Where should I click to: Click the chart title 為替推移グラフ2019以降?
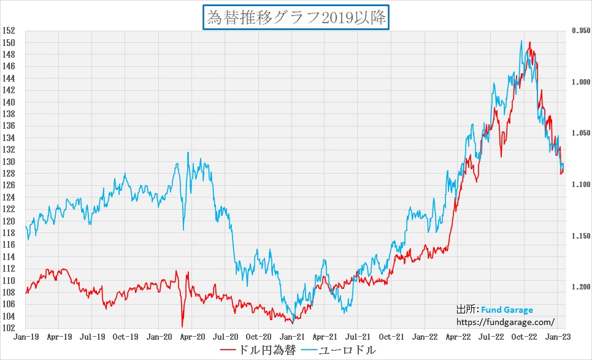click(x=296, y=17)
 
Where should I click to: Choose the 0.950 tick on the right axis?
click(x=580, y=31)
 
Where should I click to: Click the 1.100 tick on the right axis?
click(x=580, y=185)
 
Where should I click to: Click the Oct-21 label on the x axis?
click(x=391, y=337)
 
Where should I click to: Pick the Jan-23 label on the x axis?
click(x=557, y=337)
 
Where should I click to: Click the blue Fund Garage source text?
click(x=507, y=310)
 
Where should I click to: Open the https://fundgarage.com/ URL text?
click(x=506, y=321)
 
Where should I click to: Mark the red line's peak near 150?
click(x=529, y=42)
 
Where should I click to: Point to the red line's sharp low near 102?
click(x=182, y=326)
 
